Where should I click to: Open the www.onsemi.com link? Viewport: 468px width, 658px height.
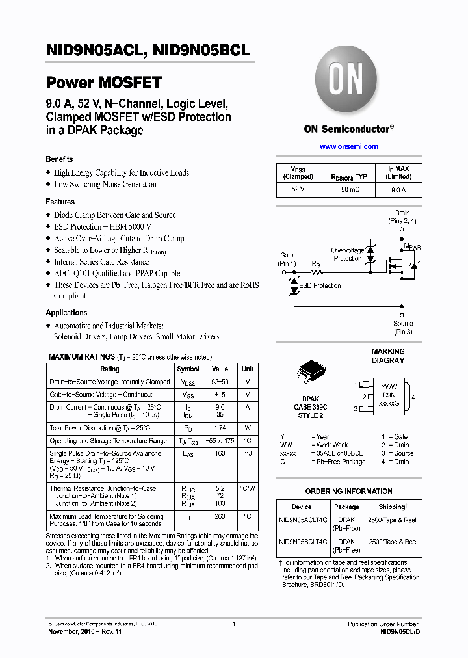click(348, 147)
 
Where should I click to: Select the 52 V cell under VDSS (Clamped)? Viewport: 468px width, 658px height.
click(298, 190)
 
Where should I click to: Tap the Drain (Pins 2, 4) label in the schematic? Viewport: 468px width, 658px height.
click(403, 217)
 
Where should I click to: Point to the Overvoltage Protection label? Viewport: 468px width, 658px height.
click(347, 254)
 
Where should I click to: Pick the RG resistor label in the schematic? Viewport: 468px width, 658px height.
click(317, 265)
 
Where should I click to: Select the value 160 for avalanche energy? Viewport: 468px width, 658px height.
click(220, 453)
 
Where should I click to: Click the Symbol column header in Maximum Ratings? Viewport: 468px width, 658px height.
click(188, 369)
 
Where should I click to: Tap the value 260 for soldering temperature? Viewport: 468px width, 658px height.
click(220, 517)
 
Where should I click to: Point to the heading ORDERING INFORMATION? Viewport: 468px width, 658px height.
click(348, 492)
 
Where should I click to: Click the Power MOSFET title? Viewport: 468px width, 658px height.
click(103, 83)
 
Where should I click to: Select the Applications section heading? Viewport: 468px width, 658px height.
click(66, 313)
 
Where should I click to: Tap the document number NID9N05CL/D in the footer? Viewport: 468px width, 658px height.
click(400, 631)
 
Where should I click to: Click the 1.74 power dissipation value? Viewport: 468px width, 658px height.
click(220, 428)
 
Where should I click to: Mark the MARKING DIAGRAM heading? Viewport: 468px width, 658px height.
click(387, 356)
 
